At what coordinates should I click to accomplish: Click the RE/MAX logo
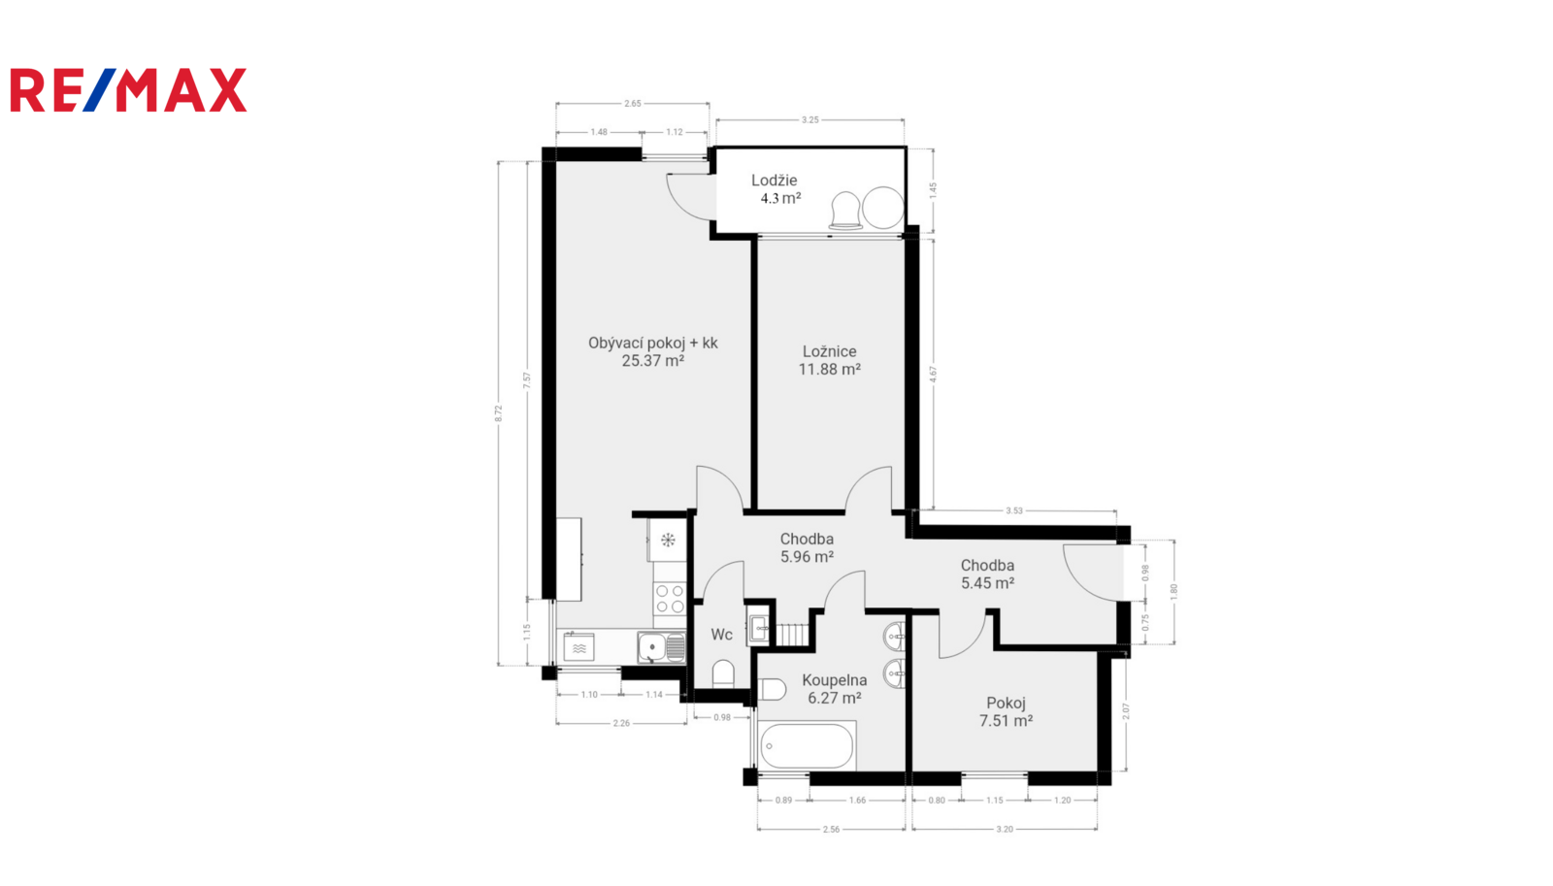128,90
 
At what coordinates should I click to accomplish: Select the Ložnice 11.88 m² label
829,360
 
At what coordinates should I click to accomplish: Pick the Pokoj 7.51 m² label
1006,712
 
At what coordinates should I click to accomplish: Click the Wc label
722,635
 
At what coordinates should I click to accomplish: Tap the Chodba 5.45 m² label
987,574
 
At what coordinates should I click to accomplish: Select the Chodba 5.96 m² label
807,547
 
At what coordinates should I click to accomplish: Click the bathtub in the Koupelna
807,746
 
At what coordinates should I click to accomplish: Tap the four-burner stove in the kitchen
670,599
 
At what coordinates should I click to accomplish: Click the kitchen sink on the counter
661,647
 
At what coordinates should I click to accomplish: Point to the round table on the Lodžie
883,208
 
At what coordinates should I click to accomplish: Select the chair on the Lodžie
845,210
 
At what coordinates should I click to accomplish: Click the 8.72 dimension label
498,413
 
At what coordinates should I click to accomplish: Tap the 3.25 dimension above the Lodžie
810,120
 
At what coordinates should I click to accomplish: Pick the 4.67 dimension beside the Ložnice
933,375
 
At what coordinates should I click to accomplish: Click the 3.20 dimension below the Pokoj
1005,829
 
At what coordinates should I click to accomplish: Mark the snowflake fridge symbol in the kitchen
668,541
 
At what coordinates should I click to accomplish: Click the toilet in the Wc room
723,673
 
